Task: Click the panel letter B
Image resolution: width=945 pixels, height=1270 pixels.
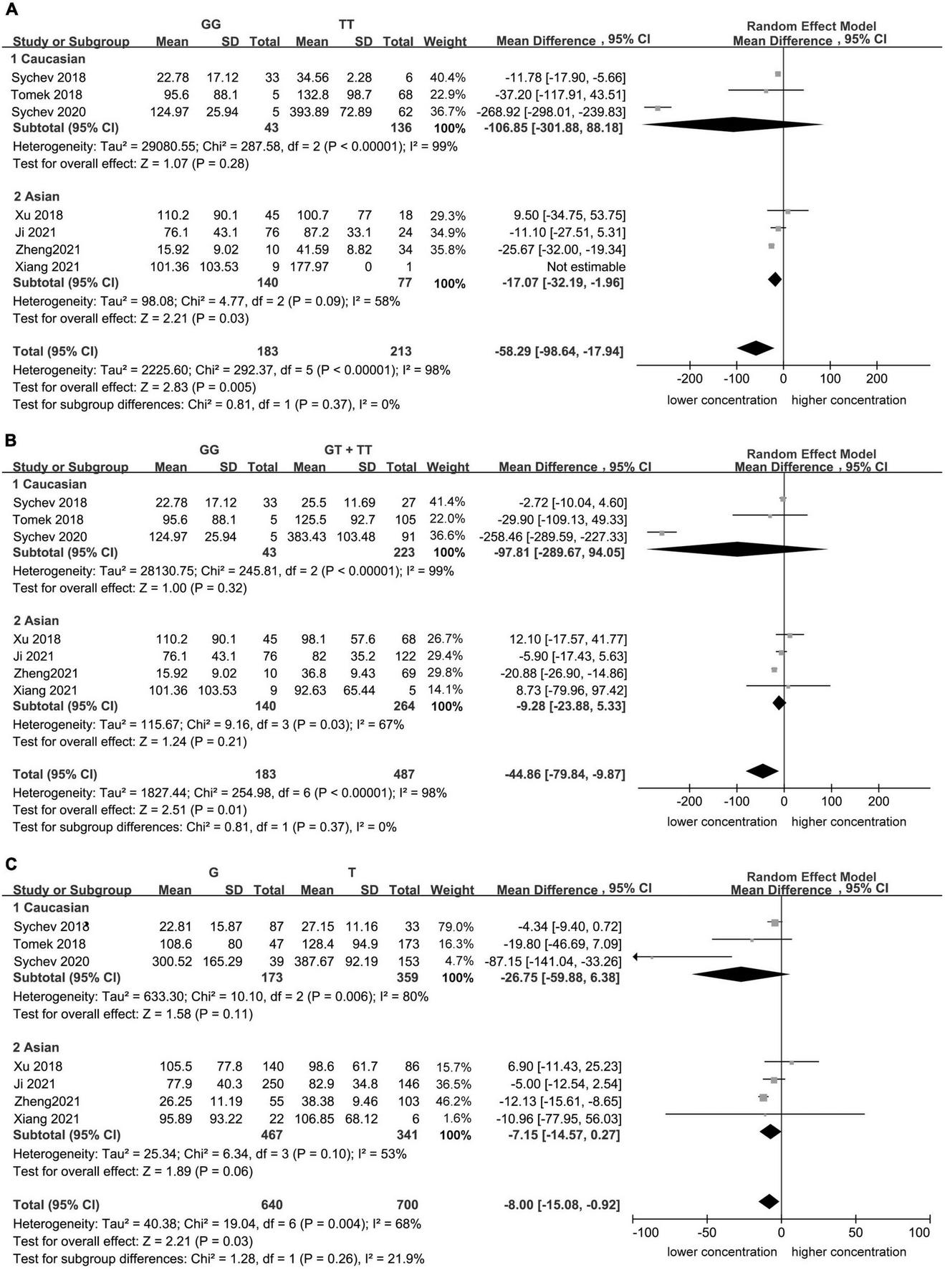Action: [x=10, y=439]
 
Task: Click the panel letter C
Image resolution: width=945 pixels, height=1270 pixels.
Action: [x=10, y=864]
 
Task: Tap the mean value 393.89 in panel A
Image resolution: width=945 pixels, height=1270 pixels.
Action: [x=312, y=112]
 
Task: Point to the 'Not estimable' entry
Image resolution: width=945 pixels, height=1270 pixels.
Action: [x=586, y=267]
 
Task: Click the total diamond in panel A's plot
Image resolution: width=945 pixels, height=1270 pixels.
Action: [x=755, y=348]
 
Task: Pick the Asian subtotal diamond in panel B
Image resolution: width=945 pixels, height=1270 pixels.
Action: [x=779, y=704]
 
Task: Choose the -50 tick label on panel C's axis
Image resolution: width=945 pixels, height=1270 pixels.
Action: [x=706, y=1233]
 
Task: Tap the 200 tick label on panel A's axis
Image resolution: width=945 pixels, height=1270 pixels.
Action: [x=877, y=378]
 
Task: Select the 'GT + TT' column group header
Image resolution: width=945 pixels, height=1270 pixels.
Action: [x=348, y=449]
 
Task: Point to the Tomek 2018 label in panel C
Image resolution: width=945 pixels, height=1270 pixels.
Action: [x=48, y=944]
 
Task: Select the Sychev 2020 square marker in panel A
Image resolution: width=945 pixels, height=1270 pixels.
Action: [x=658, y=108]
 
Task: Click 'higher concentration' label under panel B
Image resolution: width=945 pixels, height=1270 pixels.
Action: [x=848, y=821]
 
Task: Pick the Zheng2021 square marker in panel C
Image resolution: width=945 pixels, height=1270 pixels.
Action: [x=763, y=1097]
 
